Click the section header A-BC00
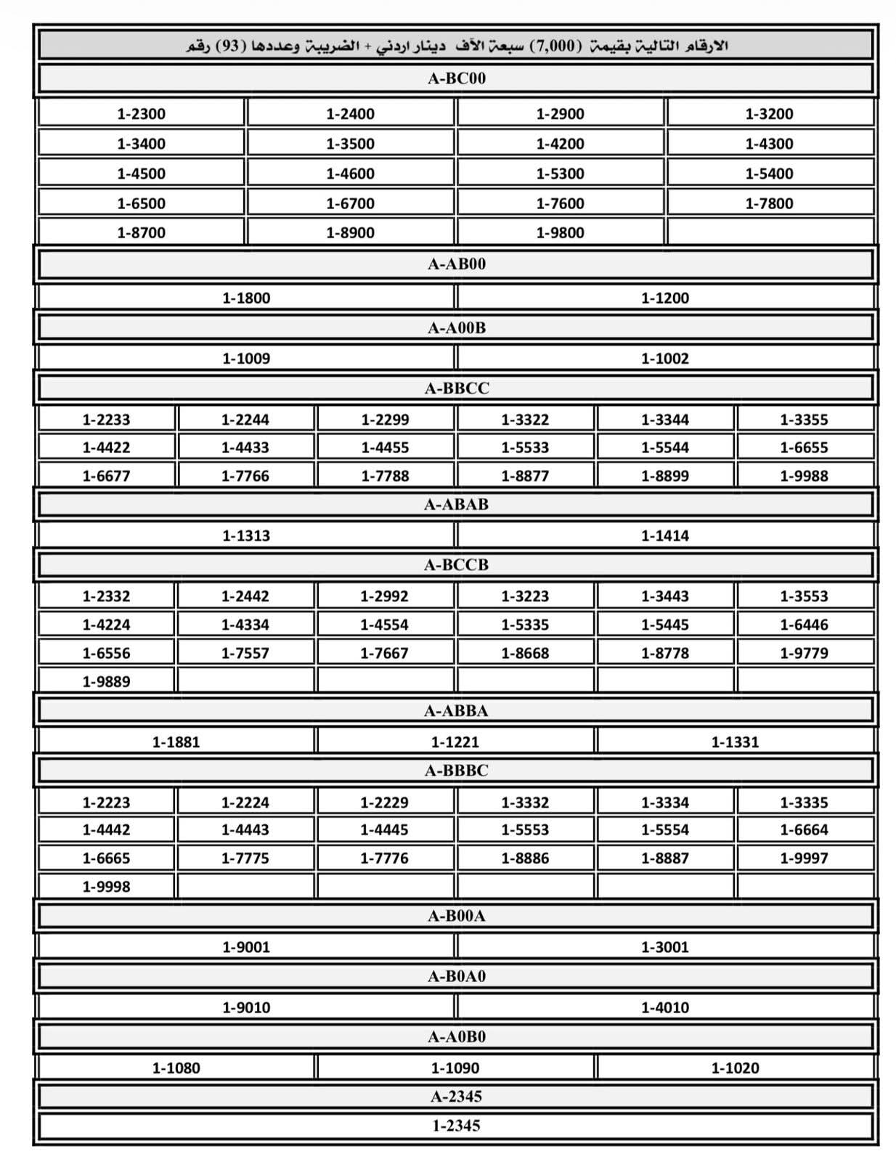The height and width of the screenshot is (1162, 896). click(456, 78)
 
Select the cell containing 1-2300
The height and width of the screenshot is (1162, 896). click(141, 113)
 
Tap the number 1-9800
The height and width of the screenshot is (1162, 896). click(560, 232)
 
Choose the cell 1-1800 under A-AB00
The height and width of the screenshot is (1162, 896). click(246, 298)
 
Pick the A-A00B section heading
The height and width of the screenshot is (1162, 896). click(456, 328)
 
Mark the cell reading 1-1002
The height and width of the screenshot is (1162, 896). click(664, 358)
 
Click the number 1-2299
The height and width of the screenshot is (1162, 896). click(385, 419)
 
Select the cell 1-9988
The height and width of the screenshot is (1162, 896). click(804, 476)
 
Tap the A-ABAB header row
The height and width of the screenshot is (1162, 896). click(456, 504)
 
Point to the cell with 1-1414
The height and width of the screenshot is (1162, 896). click(664, 535)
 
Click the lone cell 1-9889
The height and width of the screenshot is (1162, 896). click(106, 681)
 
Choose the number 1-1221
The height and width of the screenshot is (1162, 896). click(455, 742)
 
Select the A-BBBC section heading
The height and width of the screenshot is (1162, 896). click(456, 771)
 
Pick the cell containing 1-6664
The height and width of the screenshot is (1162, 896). click(804, 829)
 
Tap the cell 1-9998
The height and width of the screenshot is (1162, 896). click(106, 886)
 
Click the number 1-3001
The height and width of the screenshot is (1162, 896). click(664, 946)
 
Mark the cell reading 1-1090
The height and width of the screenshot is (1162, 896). click(455, 1068)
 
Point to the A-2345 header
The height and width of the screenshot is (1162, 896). click(456, 1096)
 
